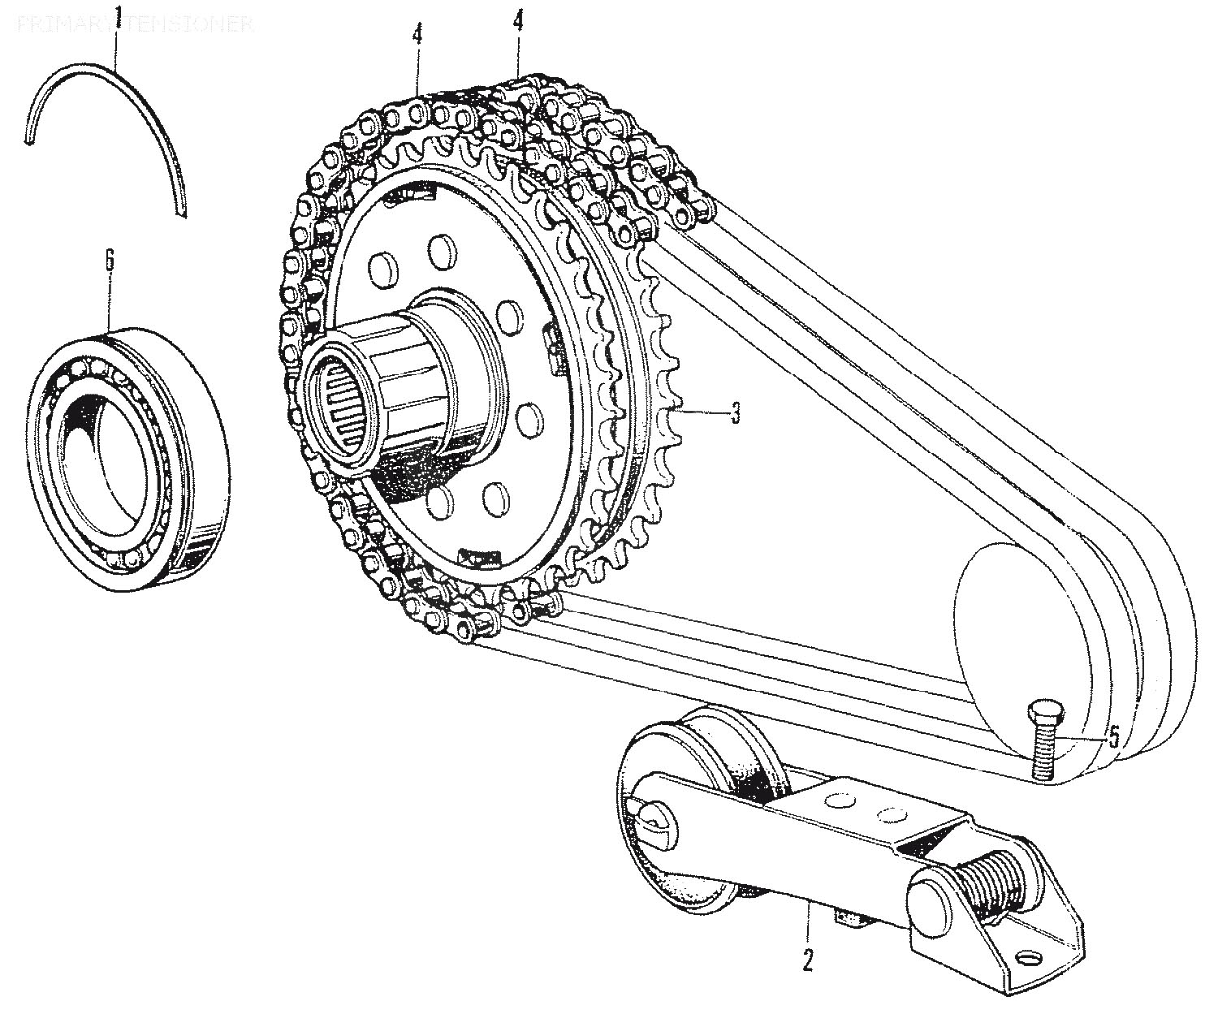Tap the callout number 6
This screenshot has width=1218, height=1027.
point(110,262)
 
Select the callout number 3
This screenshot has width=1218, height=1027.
point(734,414)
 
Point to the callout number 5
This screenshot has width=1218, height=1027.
point(1113,737)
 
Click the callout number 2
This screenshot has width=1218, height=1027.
point(807,960)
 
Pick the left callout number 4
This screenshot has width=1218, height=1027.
point(417,37)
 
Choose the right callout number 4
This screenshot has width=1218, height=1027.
point(517,21)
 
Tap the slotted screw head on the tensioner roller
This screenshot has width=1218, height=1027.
point(654,819)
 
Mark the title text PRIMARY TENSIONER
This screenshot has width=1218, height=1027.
point(135,24)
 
